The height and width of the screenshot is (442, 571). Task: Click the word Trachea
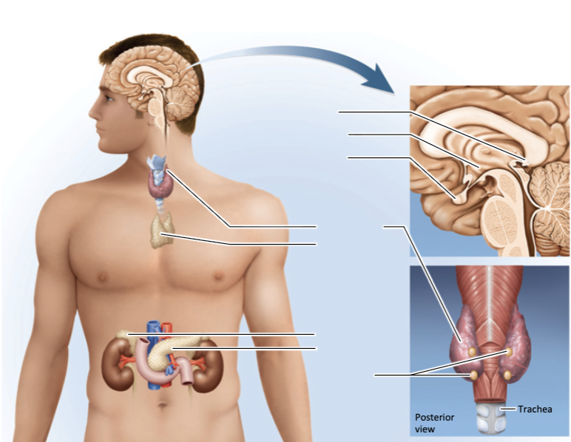pos(535,409)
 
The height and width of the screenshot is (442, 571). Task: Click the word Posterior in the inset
pos(434,418)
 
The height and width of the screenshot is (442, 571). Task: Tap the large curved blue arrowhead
pos(379,79)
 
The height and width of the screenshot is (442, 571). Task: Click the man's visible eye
pos(109,98)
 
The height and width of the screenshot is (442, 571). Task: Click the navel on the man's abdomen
pos(163,404)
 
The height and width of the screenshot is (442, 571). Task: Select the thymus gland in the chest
pos(162,231)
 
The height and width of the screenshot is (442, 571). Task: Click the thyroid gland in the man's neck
pos(161,184)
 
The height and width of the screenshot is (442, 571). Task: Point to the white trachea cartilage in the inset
pos(491,418)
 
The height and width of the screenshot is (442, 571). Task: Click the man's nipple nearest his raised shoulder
pos(218,276)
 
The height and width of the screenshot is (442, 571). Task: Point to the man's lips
pos(98,130)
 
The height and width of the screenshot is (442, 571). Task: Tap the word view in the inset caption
pos(425,429)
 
